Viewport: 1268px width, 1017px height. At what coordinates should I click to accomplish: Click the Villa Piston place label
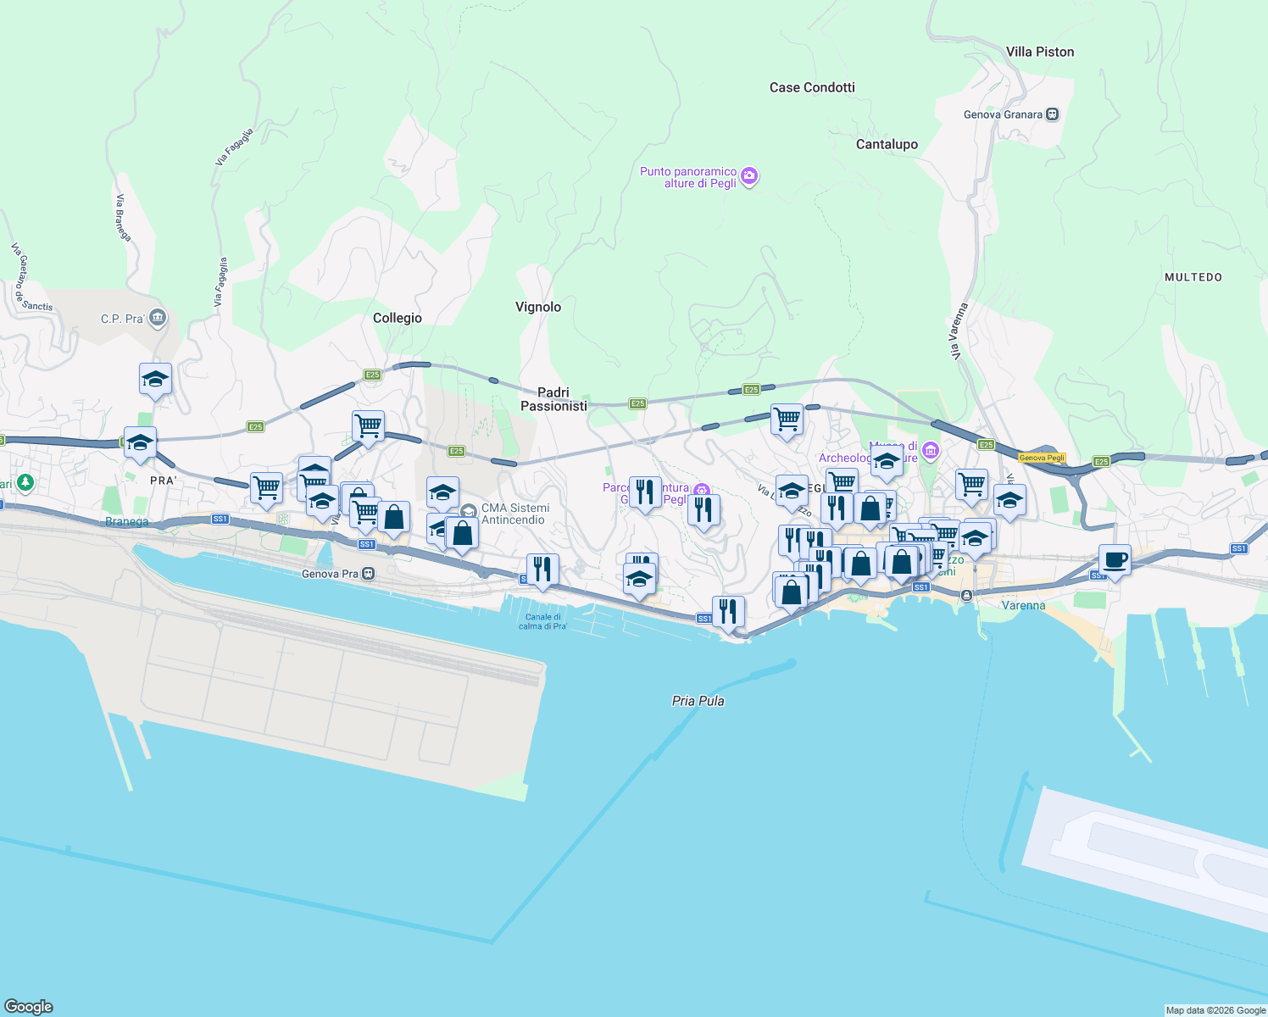[1040, 52]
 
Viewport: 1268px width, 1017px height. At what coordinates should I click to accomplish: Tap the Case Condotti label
[812, 87]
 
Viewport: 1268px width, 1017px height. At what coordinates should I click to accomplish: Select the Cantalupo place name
[887, 144]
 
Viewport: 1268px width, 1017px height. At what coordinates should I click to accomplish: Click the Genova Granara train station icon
[1053, 114]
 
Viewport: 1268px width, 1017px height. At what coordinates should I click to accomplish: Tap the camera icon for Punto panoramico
[748, 176]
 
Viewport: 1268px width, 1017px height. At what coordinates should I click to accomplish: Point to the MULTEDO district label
[1193, 277]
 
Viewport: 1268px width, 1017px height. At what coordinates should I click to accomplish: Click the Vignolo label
[538, 307]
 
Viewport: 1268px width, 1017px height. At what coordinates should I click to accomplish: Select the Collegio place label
[398, 318]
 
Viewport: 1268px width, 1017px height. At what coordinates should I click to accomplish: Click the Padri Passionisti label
[553, 399]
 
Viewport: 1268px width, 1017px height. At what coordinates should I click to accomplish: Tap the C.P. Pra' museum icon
[158, 319]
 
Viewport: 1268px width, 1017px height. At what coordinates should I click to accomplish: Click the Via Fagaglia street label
[234, 147]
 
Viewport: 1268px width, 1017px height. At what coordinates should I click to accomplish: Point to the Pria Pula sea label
[698, 701]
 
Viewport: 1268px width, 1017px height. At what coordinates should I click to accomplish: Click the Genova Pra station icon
[368, 574]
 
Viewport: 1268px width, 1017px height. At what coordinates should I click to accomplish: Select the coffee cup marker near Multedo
[1115, 560]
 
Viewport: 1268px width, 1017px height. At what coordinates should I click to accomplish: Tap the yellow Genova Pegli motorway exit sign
[1042, 458]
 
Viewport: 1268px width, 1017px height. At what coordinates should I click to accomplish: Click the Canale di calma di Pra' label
[542, 621]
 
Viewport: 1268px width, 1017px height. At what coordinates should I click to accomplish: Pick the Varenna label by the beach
[1023, 605]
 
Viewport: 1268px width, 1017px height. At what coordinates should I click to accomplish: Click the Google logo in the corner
[29, 1006]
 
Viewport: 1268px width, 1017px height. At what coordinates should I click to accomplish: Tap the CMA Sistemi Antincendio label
[515, 514]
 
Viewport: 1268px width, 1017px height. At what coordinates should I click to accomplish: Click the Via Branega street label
[123, 218]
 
